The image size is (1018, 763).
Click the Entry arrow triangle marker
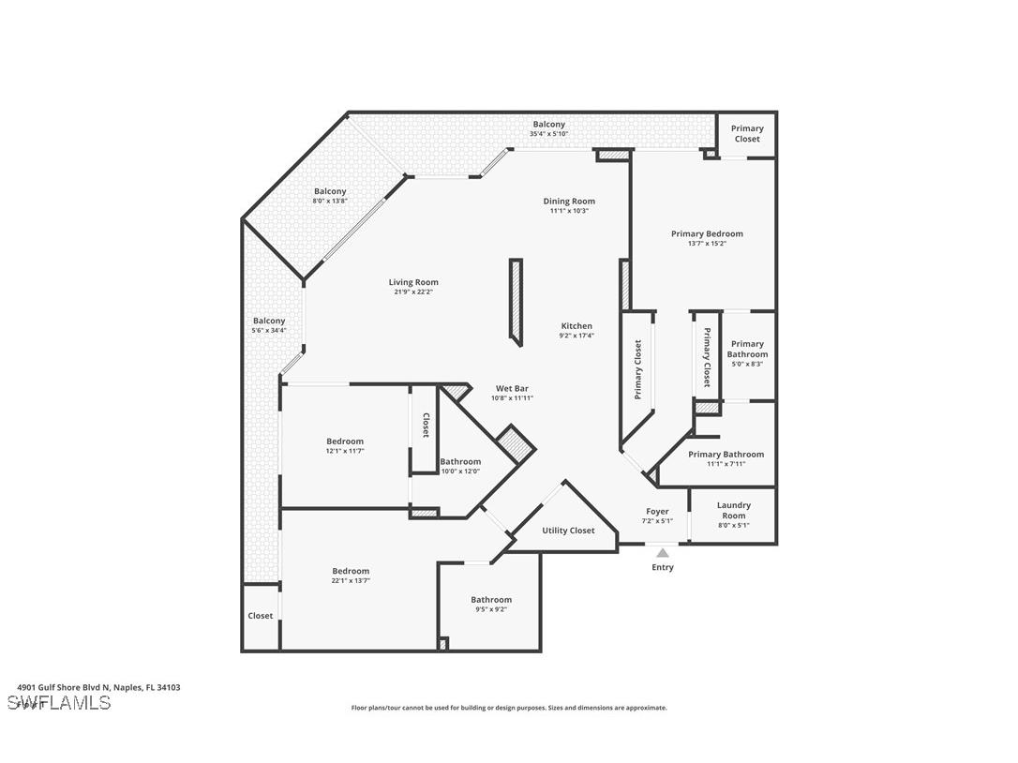pyautogui.click(x=663, y=553)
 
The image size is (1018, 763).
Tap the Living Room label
pyautogui.click(x=413, y=282)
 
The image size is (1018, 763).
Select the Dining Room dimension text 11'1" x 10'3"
pyautogui.click(x=569, y=211)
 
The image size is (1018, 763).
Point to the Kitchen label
pyautogui.click(x=576, y=326)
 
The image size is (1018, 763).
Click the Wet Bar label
pyautogui.click(x=512, y=388)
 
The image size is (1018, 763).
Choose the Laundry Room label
pyautogui.click(x=733, y=510)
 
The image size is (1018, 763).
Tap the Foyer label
pyautogui.click(x=657, y=512)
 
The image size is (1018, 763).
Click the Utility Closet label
pyautogui.click(x=568, y=531)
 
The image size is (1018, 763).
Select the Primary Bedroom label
pyautogui.click(x=707, y=233)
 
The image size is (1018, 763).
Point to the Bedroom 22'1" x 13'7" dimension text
pyautogui.click(x=351, y=581)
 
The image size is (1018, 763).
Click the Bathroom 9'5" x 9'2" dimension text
pyautogui.click(x=491, y=610)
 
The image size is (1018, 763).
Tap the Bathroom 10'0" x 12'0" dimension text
pyautogui.click(x=460, y=471)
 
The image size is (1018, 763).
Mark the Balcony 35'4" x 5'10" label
pyautogui.click(x=549, y=125)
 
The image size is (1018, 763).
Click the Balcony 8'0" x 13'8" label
pyautogui.click(x=330, y=191)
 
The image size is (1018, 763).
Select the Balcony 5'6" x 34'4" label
pyautogui.click(x=269, y=321)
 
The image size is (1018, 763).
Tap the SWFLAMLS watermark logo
pyautogui.click(x=58, y=703)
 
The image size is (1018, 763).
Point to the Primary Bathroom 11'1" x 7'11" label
pyautogui.click(x=726, y=455)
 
